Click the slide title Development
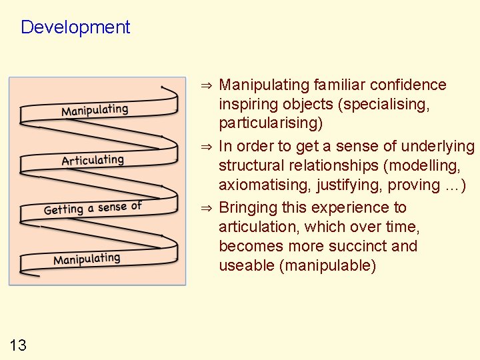(75, 27)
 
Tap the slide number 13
(19, 345)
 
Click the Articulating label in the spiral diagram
(93, 160)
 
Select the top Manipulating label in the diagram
(95, 109)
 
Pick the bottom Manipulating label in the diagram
(87, 259)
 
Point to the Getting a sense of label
(93, 208)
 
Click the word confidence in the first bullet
(409, 85)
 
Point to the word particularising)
(271, 123)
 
